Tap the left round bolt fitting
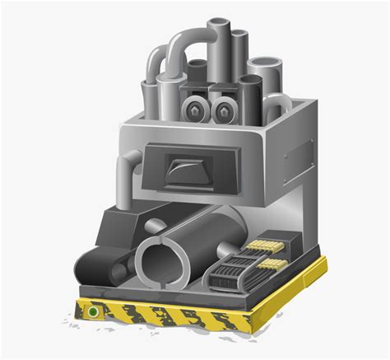(x=193, y=108)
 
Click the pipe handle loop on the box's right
(x=281, y=104)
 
